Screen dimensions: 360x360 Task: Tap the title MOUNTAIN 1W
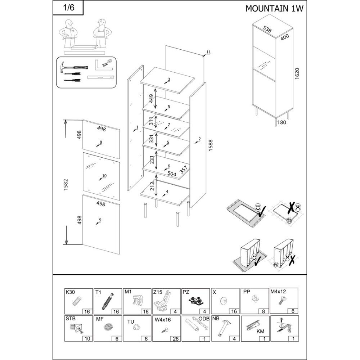pyautogui.click(x=274, y=9)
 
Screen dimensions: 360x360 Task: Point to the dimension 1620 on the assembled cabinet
pyautogui.click(x=297, y=73)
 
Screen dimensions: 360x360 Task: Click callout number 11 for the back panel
pyautogui.click(x=208, y=52)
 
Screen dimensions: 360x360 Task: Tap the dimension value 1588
pyautogui.click(x=211, y=145)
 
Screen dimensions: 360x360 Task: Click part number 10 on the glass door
pyautogui.click(x=104, y=176)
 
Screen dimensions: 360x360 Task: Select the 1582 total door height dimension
pyautogui.click(x=66, y=185)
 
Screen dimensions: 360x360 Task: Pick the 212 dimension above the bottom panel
pyautogui.click(x=151, y=186)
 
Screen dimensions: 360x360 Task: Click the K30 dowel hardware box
pyautogui.click(x=78, y=301)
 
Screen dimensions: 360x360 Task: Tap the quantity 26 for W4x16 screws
pyautogui.click(x=176, y=339)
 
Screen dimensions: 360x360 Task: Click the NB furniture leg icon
pyautogui.click(x=223, y=327)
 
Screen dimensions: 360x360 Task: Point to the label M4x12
pyautogui.click(x=278, y=292)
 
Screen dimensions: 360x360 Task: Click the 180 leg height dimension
pyautogui.click(x=282, y=122)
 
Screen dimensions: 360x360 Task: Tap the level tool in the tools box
pyautogui.click(x=100, y=78)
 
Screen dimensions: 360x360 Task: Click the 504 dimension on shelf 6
pyautogui.click(x=171, y=174)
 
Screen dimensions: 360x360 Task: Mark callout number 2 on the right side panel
pyautogui.click(x=199, y=139)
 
